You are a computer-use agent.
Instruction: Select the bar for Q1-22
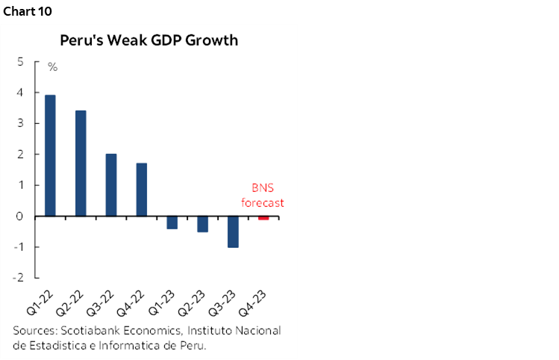pos(50,155)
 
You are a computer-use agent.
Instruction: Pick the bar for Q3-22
pos(111,184)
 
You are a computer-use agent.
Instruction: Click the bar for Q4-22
pos(142,190)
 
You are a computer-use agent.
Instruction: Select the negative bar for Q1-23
pos(172,223)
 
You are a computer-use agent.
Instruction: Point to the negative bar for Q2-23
pos(202,224)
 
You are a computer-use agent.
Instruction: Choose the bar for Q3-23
pos(233,232)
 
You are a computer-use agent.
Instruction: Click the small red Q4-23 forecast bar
pos(263,218)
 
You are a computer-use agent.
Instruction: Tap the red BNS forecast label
pos(262,196)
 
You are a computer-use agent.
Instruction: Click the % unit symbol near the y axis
pos(53,67)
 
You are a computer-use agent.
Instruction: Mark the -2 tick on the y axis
pos(17,278)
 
